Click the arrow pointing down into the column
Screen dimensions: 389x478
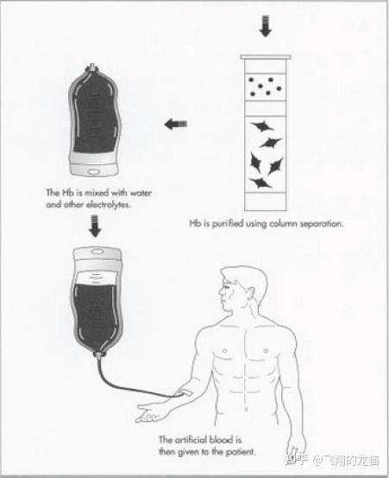click(266, 27)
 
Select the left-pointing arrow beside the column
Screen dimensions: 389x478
click(175, 124)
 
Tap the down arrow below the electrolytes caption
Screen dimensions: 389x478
click(95, 226)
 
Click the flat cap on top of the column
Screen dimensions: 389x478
click(266, 57)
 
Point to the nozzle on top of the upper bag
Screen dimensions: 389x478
click(92, 67)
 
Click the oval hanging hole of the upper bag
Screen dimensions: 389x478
click(94, 172)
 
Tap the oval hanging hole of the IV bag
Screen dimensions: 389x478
click(97, 252)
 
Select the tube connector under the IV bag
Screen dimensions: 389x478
click(99, 354)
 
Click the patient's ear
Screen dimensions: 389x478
click(250, 295)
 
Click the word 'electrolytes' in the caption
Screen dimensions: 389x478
click(109, 205)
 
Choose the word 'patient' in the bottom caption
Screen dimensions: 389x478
click(241, 452)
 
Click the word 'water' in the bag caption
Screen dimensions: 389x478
click(141, 193)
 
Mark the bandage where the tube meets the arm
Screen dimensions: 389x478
click(185, 393)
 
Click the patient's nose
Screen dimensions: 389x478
click(220, 292)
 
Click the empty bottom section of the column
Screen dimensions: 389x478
click(266, 201)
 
